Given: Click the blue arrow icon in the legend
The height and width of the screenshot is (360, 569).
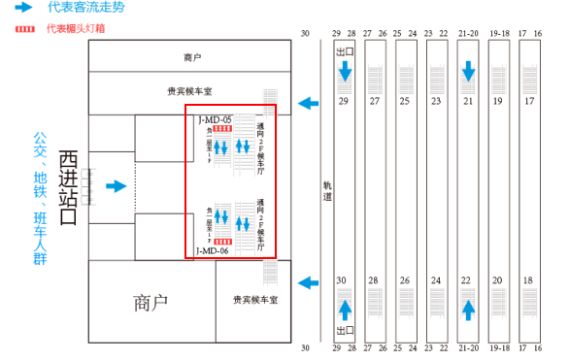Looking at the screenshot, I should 23,8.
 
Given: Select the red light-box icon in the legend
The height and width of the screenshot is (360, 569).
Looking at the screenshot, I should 23,28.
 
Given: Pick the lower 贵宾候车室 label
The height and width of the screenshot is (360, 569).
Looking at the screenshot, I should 255,301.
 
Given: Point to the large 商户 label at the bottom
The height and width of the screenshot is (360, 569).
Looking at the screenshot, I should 151,302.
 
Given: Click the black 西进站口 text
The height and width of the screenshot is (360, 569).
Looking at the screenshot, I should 68,186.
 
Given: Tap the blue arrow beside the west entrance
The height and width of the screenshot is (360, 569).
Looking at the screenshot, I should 117,185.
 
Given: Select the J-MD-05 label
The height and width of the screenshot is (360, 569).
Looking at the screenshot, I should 214,120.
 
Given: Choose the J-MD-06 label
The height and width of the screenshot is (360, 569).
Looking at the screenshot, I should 212,250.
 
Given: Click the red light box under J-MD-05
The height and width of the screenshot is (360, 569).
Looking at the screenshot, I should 223,129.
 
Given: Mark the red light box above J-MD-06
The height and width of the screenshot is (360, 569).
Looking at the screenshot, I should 223,241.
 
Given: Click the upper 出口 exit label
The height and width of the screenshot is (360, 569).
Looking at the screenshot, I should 344,52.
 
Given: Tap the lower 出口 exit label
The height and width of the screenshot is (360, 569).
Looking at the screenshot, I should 343,331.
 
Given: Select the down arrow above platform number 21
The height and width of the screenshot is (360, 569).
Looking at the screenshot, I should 469,72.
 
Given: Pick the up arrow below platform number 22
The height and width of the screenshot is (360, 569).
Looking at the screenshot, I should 469,309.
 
